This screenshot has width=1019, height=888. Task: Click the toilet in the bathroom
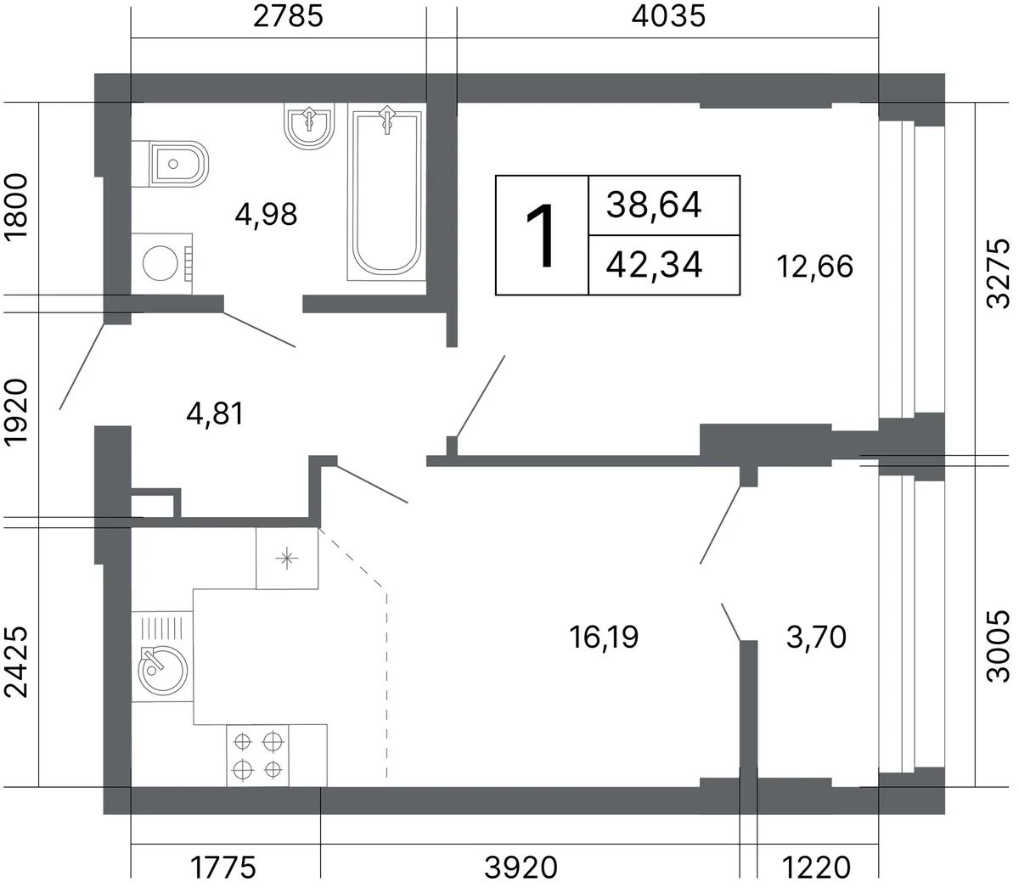point(170,164)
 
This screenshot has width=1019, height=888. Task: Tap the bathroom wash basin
point(310,126)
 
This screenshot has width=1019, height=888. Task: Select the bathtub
point(386,192)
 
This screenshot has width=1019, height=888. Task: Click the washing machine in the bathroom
point(162,263)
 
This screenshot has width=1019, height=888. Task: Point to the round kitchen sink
point(162,671)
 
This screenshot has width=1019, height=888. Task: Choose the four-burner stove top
point(258,756)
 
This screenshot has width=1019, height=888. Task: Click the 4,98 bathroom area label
point(266,215)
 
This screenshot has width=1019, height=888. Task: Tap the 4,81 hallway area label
point(215,413)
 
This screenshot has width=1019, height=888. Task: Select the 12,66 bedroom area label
point(815,267)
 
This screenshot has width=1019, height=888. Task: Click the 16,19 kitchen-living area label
point(604,637)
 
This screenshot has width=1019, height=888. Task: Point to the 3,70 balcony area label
point(816,637)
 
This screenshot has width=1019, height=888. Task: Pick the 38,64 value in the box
point(654,205)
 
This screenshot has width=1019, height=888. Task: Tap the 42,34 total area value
point(654,264)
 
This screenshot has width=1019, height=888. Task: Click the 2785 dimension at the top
point(288,16)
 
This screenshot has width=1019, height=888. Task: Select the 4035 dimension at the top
point(668,16)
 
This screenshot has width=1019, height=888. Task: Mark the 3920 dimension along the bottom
point(521,867)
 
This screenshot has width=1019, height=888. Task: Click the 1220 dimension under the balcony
point(817,867)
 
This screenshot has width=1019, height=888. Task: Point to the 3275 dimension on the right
point(998,273)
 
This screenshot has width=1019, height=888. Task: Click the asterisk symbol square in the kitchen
point(287,558)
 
